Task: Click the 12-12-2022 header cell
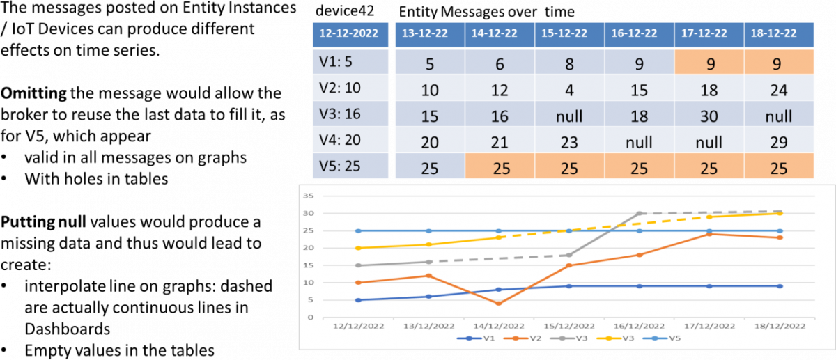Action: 350,33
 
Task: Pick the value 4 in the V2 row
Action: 569,91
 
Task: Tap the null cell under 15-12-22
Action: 569,116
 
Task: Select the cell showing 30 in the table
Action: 709,116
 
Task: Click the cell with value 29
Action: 778,142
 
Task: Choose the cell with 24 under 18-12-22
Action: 778,91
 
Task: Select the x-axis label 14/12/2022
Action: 499,325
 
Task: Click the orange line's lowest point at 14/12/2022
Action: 499,304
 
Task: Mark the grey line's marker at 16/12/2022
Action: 639,214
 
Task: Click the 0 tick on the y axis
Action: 309,318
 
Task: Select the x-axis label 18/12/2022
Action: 779,325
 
